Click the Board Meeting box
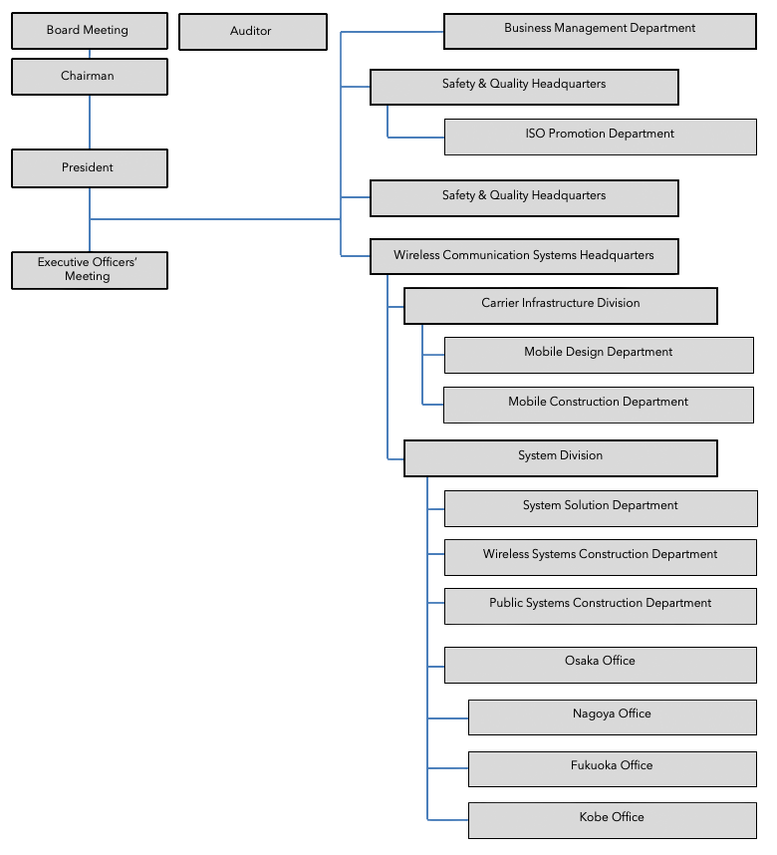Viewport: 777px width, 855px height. (89, 31)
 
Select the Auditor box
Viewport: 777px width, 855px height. (252, 32)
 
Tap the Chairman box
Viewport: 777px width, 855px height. (89, 77)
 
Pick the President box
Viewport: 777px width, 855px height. (89, 168)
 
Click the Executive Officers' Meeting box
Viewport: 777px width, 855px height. (89, 270)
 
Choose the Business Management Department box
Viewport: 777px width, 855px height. (600, 30)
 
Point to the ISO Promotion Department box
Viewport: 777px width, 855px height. (600, 136)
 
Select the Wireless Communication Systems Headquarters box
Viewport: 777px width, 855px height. (524, 257)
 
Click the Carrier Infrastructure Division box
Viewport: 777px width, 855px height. (560, 305)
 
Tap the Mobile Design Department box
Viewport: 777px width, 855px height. (598, 354)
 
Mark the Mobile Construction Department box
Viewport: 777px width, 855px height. (598, 405)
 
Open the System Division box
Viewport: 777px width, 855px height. (560, 457)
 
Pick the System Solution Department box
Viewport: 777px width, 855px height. (600, 507)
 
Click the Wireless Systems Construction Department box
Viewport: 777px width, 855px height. (600, 556)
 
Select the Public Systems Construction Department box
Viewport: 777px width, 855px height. (600, 605)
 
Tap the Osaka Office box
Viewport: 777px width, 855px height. (600, 664)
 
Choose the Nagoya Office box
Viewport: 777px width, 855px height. (612, 716)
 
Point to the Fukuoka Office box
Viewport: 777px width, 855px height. (612, 768)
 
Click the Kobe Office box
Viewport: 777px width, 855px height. (612, 820)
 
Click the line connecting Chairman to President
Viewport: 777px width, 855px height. (90, 123)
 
